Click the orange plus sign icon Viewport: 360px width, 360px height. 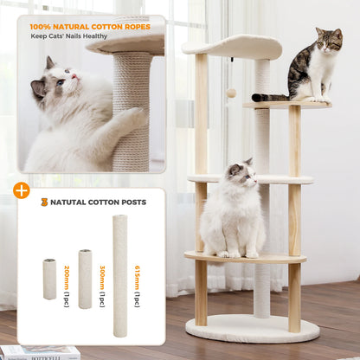tap(22, 190)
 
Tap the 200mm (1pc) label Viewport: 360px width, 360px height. tap(66, 279)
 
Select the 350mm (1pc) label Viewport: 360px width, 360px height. tap(101, 279)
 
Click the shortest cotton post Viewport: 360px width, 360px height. tap(49, 280)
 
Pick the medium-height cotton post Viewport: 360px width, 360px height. tap(85, 279)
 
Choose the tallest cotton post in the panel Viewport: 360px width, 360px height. tap(119, 263)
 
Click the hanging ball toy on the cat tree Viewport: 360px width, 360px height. tap(231, 93)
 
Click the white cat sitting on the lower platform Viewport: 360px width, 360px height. tap(232, 215)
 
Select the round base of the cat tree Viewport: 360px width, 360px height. tap(252, 328)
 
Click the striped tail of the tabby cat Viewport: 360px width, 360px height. tap(270, 98)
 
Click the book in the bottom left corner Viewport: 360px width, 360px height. tap(39, 352)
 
